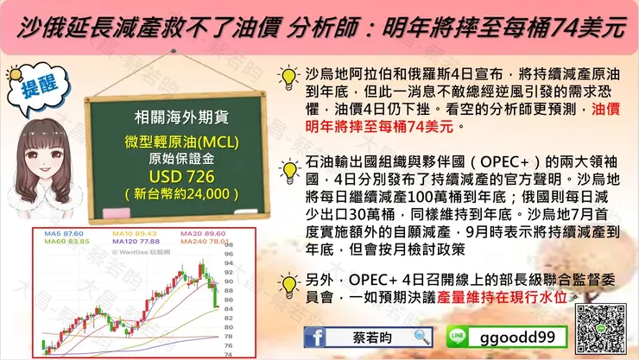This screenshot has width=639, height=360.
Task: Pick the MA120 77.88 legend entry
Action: pos(135,243)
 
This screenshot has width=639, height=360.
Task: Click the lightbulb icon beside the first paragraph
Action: pos(288,78)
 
